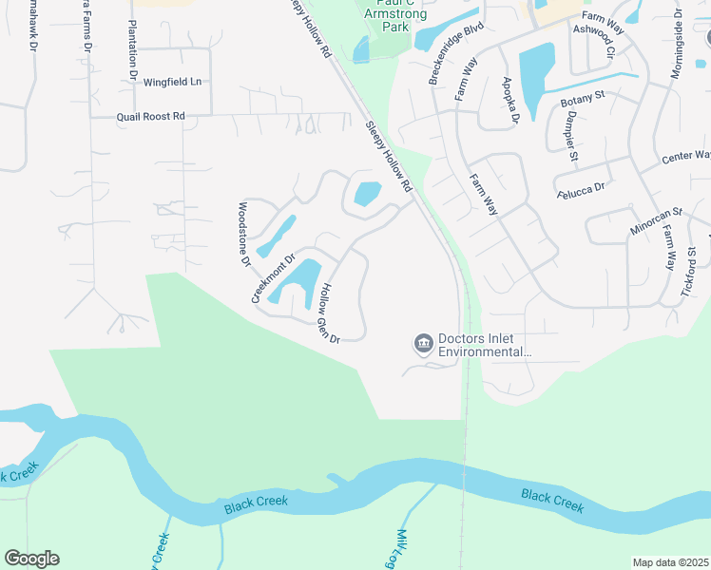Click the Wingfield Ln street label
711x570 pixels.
tap(173, 82)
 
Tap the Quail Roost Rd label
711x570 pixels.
tap(150, 116)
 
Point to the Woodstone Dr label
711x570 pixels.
tap(243, 234)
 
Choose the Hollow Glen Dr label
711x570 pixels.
tap(330, 313)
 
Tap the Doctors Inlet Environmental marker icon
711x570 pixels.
tap(423, 342)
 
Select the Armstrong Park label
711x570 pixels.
tap(391, 20)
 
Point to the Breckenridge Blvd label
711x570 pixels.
tap(457, 53)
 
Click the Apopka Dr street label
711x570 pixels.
tap(510, 101)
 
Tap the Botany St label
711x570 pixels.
tap(583, 98)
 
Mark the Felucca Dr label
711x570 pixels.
tap(580, 189)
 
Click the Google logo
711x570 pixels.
tap(31, 559)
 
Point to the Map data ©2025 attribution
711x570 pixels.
tap(671, 562)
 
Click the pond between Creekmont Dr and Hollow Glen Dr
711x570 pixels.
tap(298, 280)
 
